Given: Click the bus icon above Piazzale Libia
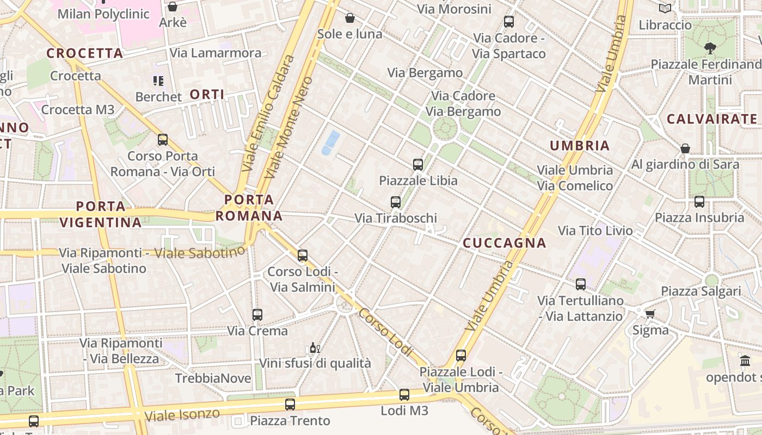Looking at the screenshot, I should click(418, 164).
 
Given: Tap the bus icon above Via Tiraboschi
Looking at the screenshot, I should click(396, 202).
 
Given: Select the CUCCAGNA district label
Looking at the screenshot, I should click(504, 243).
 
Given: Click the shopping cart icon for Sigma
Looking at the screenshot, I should click(650, 314).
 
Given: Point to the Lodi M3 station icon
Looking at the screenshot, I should click(404, 395).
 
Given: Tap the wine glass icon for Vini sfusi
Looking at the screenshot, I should click(314, 348).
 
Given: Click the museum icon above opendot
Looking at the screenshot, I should click(745, 361).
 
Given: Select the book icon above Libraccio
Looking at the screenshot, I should click(665, 8).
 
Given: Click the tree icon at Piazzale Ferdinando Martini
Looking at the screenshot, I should click(710, 48).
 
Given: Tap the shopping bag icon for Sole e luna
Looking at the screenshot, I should click(350, 18).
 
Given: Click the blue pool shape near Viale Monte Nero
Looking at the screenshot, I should click(330, 142).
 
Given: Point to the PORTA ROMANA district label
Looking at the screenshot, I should click(249, 208).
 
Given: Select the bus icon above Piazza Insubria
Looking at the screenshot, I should click(699, 202).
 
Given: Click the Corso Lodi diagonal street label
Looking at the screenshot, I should click(385, 332).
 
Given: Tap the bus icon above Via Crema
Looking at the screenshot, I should click(257, 314).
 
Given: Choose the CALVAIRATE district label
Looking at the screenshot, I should click(712, 119).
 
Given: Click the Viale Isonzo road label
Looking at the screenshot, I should click(182, 415).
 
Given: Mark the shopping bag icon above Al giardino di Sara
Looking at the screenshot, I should click(685, 148).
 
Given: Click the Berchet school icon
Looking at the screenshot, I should click(158, 81).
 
